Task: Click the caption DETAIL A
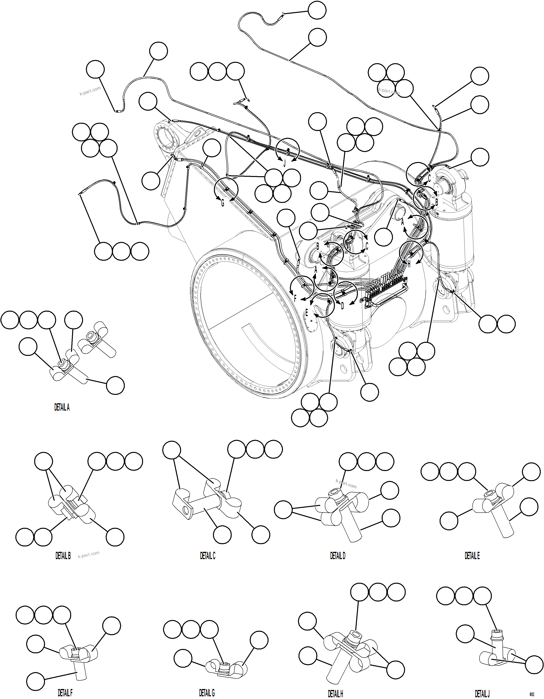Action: (x=62, y=408)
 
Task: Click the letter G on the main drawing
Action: (x=223, y=203)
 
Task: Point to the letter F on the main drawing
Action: (x=295, y=298)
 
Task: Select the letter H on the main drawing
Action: (x=409, y=265)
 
